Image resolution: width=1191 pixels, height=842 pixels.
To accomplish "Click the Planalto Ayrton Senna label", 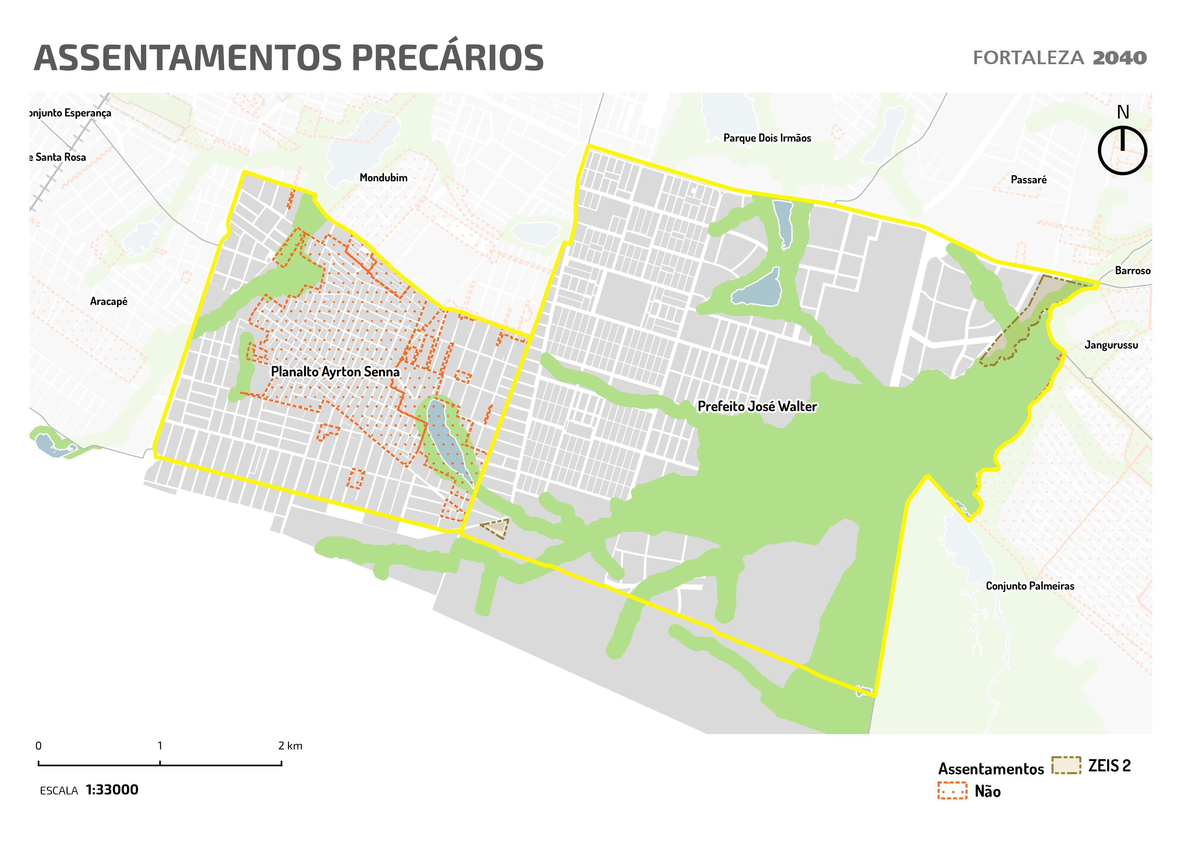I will (335, 372).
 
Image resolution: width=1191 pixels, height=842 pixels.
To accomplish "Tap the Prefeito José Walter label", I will (757, 406).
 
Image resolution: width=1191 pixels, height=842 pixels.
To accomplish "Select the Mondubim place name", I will (383, 178).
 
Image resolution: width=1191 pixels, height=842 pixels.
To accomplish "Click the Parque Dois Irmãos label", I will (767, 138).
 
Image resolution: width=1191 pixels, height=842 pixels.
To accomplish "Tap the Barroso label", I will (1132, 271).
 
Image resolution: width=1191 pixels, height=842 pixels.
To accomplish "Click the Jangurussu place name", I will (1111, 345).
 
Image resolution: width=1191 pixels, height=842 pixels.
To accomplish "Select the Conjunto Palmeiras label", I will (1030, 586).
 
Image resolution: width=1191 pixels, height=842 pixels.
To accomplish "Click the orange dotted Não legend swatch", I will (952, 791).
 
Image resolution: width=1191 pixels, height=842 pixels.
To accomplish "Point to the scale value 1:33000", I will (112, 790).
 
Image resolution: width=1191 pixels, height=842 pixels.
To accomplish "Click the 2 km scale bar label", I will (290, 746).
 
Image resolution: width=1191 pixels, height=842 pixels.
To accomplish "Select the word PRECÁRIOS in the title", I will (448, 58).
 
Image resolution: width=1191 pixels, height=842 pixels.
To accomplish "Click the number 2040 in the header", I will (1119, 58).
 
